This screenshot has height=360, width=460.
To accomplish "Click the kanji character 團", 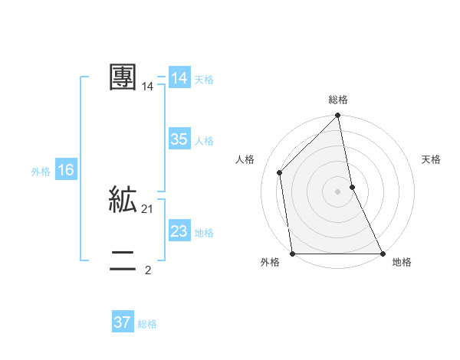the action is point(123,77).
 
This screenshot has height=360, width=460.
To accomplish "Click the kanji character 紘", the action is point(123,200).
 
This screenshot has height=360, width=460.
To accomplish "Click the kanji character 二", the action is point(123,262).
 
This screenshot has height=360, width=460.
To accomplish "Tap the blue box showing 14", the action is point(179,78).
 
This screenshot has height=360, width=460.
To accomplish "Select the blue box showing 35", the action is point(179,139).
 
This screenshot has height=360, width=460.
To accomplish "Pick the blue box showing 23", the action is point(179,231).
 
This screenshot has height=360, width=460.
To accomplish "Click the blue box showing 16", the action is point(65,170).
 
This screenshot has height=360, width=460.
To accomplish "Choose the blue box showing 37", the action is point(123,322).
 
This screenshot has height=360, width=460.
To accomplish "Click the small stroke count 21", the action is point(148,209).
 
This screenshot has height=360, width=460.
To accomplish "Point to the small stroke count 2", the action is point(148,270).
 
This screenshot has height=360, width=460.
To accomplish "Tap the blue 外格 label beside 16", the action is point(41,172).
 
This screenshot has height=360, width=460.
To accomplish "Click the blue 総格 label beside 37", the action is point(147,324).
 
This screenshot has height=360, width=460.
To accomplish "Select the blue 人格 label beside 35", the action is point(204,141).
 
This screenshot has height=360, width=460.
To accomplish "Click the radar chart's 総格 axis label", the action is point(338,100).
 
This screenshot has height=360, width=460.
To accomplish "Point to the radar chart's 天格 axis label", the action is point(431,159).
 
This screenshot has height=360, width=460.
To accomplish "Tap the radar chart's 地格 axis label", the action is point(402,262).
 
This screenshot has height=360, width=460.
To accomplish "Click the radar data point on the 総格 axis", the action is point(338,116).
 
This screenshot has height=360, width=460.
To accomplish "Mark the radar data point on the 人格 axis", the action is point(280,172).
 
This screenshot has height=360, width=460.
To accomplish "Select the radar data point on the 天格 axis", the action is point(353,187).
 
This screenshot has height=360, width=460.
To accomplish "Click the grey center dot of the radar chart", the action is point(338,191).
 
